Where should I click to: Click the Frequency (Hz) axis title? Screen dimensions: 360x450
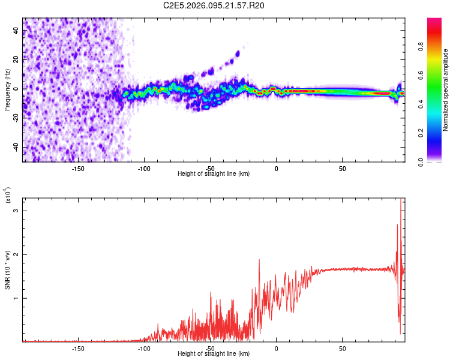coord(7,89)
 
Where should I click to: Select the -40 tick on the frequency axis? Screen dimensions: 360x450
coord(16,147)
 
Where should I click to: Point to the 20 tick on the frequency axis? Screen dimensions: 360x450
coord(17,59)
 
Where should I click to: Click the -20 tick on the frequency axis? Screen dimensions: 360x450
coord(16,118)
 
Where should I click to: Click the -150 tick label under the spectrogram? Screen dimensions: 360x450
coord(77,169)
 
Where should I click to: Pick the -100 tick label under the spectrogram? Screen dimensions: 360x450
coord(143,169)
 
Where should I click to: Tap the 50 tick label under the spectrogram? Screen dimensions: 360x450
coord(342,169)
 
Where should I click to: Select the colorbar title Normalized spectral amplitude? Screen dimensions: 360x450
coord(446,91)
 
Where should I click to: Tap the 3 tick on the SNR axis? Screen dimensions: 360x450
coord(17,211)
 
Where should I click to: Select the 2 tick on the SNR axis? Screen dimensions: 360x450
coord(17,254)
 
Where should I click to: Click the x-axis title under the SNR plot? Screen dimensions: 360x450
coord(214,354)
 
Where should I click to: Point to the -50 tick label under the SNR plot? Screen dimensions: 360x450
coord(209,348)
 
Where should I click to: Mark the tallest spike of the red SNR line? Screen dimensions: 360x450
coord(401,200)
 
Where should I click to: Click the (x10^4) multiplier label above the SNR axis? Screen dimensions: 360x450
coord(8,195)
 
